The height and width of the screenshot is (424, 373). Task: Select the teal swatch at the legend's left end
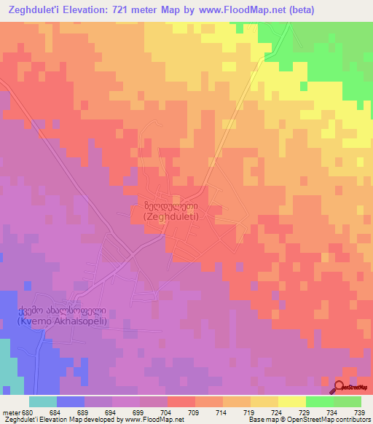(42, 401)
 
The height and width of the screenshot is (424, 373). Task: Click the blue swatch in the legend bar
(70, 401)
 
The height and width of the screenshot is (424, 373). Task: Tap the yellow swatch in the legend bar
(291, 401)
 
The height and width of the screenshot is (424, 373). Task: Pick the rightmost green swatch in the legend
(347, 401)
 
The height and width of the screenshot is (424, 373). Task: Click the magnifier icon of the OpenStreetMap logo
(339, 388)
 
